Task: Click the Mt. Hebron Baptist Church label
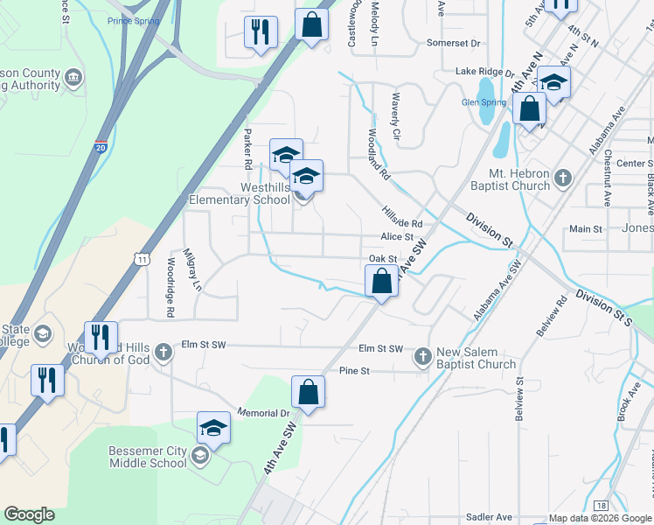[x=508, y=180]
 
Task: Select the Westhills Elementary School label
[x=240, y=193]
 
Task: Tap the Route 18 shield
[x=600, y=506]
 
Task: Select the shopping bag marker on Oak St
[x=381, y=283]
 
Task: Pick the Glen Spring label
[x=484, y=102]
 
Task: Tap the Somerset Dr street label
[x=454, y=43]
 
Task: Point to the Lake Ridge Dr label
[x=479, y=72]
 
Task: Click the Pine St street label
[x=355, y=371]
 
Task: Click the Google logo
[x=29, y=514]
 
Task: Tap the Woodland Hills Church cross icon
[x=163, y=353]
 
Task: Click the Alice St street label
[x=396, y=237]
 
